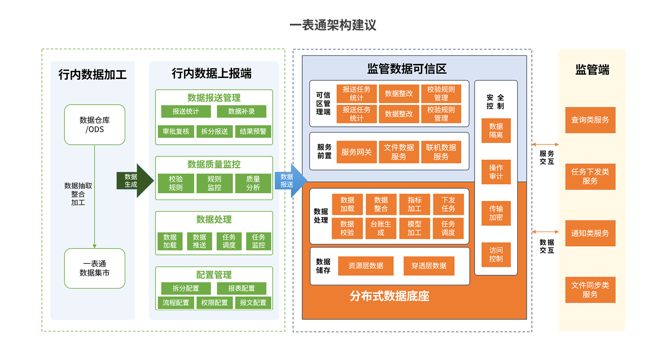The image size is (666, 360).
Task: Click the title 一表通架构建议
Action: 333,25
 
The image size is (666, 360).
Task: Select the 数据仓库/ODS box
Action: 95,125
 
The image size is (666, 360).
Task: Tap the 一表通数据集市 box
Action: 95,269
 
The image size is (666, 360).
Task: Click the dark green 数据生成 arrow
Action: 134,180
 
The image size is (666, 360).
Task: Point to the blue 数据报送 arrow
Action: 290,180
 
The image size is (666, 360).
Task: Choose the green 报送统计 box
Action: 185,111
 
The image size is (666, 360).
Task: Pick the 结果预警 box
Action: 253,131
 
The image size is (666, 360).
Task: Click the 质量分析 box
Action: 253,183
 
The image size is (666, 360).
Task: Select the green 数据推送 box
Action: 199,241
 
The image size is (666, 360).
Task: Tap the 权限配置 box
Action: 214,303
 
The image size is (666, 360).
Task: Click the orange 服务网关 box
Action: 356,152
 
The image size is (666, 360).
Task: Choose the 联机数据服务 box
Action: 441,152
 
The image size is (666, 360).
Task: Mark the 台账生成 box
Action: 381,228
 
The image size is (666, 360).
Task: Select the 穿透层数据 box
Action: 429,266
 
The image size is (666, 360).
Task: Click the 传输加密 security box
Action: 496,213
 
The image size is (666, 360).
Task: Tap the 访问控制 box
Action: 496,254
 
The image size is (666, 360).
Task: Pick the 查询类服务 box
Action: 590,120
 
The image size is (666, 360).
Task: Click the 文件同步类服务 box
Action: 590,290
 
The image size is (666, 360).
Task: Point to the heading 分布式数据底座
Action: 389,296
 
